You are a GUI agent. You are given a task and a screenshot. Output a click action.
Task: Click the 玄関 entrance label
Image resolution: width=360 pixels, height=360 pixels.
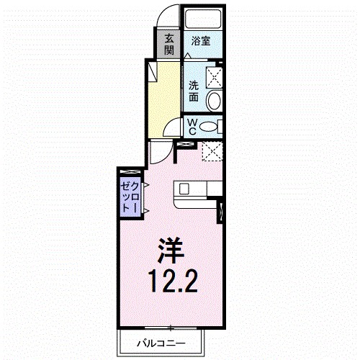click(168, 44)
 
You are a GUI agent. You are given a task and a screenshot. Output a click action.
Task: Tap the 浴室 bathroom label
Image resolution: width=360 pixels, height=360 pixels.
click(201, 42)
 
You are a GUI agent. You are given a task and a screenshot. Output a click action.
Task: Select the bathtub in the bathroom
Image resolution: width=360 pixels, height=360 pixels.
click(202, 19)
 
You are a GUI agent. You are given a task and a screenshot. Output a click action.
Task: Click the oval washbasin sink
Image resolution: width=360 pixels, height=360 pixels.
click(214, 100)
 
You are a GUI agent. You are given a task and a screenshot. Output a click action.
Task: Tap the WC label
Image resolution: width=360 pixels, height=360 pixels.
click(192, 127)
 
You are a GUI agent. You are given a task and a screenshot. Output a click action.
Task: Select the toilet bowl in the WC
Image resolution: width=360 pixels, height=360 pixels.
click(208, 127)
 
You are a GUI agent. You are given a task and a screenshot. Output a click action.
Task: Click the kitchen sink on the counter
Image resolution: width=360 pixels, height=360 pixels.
click(184, 189)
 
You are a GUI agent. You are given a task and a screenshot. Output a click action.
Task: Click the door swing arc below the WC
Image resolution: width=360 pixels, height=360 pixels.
click(170, 132)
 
